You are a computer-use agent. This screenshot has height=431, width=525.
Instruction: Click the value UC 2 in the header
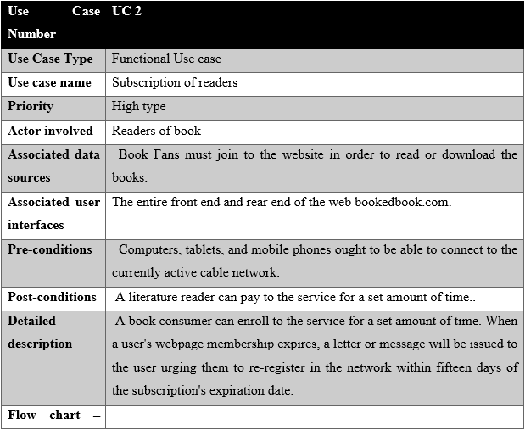coord(126,11)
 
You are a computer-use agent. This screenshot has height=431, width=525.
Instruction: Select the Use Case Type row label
coord(50,59)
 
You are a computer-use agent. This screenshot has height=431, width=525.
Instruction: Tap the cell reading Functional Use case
coord(166,59)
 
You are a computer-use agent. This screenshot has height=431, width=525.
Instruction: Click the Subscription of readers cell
coord(175,82)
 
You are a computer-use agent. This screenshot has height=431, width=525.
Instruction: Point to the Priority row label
coord(31,107)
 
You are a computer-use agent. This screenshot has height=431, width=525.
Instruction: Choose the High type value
coord(138,107)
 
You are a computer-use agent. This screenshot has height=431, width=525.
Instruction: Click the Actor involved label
coord(50,131)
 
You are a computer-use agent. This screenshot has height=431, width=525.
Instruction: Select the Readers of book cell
coord(156,131)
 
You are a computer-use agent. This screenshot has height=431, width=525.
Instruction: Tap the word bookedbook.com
coord(403,202)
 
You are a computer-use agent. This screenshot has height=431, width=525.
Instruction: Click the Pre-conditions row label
coord(50,249)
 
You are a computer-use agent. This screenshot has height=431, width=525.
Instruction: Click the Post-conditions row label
coord(52,297)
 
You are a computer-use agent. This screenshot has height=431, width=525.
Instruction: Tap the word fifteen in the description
coord(455,367)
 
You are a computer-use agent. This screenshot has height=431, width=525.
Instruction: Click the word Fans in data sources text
coord(166,154)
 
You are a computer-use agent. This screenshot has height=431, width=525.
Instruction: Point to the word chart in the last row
coord(64,415)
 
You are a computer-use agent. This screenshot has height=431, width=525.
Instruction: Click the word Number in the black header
coord(32,34)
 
